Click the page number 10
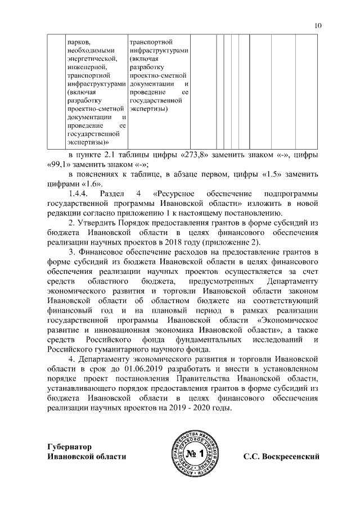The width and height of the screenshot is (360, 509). (x=318, y=25)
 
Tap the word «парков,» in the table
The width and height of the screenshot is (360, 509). (x=78, y=42)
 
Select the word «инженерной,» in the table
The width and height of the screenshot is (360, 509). (x=83, y=67)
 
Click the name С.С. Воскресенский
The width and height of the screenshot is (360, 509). (x=281, y=456)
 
